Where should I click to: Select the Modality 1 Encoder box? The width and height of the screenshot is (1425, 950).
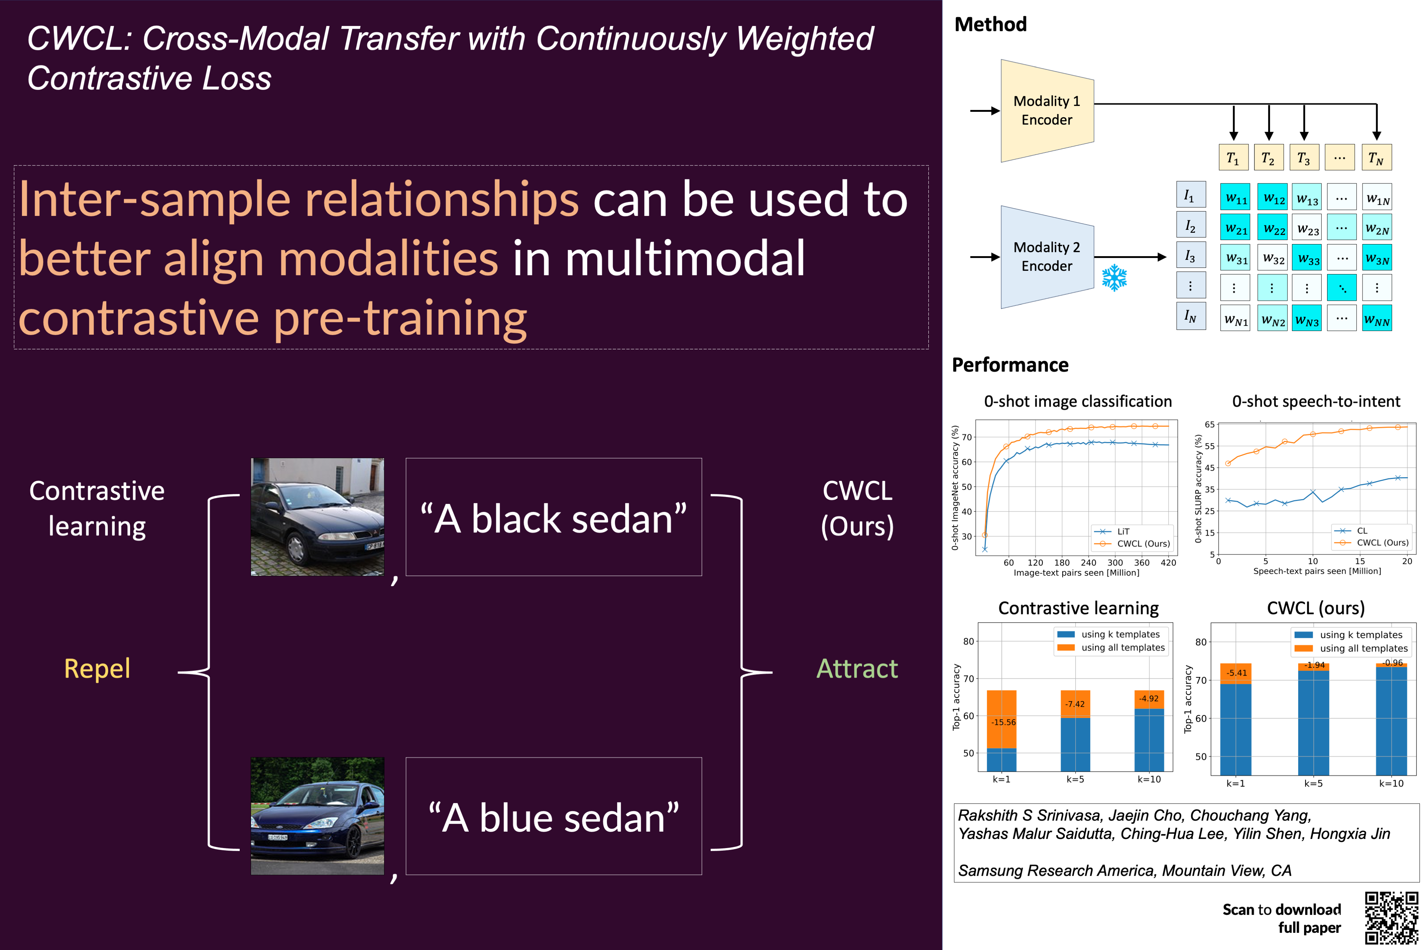1046,110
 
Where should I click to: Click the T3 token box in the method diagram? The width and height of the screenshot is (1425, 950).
1304,157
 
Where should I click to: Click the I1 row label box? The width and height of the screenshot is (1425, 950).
1190,195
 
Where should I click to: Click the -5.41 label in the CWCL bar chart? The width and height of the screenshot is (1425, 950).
1236,673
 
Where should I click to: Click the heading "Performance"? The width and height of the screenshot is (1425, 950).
1010,365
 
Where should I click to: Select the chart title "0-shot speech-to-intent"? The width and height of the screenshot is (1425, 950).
1316,401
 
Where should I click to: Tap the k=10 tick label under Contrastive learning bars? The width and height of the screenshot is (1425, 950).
1149,779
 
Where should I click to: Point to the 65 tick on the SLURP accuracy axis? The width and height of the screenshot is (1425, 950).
1209,424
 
